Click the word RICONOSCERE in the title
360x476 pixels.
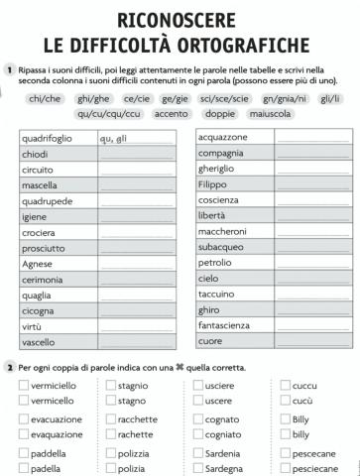(x=180, y=19)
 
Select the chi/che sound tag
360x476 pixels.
(x=47, y=99)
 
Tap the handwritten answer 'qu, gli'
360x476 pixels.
(x=115, y=139)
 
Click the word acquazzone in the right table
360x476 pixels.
(x=233, y=137)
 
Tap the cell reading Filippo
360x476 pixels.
(x=233, y=184)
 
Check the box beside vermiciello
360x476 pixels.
(x=24, y=385)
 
